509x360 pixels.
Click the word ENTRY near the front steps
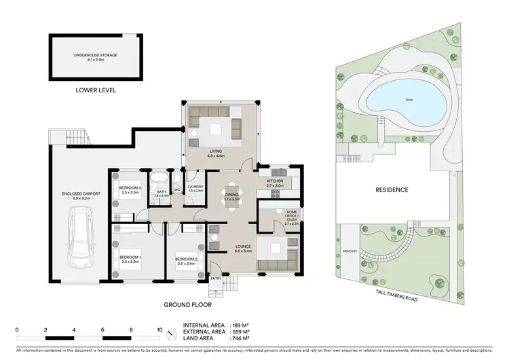[216, 278]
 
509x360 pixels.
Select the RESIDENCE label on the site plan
[392, 190]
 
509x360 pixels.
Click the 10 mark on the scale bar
[159, 329]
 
